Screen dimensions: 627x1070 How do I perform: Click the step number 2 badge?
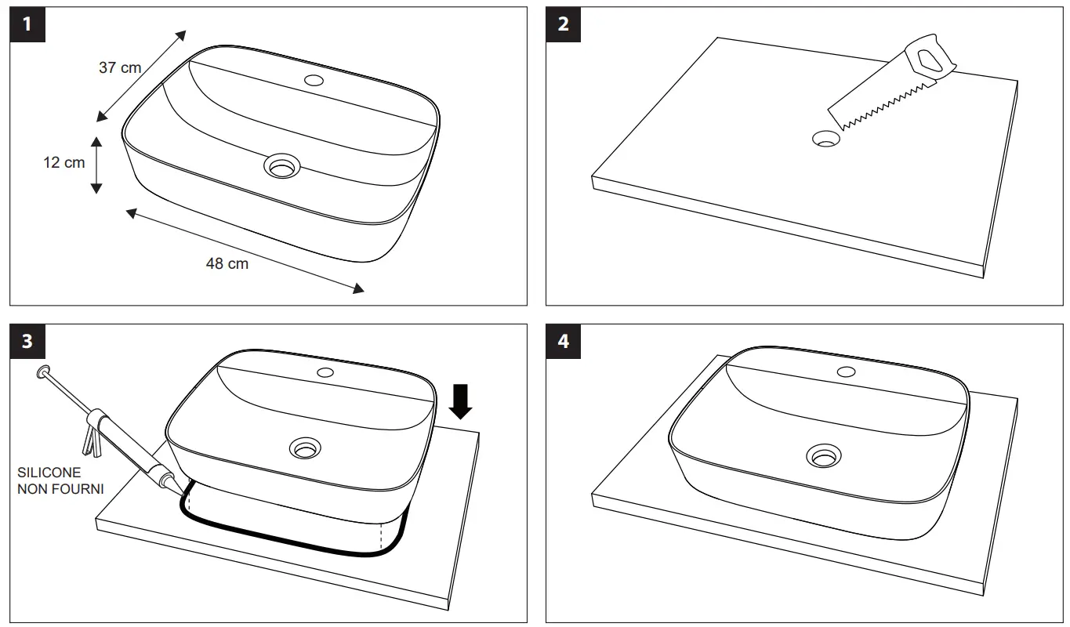point(564,24)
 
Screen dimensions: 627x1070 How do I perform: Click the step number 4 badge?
point(564,342)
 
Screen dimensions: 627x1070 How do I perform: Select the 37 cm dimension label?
point(120,67)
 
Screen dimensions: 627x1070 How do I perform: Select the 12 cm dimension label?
point(63,163)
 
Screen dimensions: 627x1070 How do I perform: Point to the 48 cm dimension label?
point(227,264)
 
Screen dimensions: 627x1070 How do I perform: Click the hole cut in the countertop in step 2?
point(825,139)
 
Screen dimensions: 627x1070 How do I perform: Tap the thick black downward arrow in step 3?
point(462,401)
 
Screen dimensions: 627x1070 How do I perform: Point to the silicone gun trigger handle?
point(92,436)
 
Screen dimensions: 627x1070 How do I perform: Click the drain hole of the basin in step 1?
point(282,165)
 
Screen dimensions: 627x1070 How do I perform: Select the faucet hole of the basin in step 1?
point(314,80)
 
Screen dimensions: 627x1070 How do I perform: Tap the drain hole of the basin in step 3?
point(305,448)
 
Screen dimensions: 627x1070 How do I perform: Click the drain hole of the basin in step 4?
point(823,455)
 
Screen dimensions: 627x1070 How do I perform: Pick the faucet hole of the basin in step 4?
point(846,371)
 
